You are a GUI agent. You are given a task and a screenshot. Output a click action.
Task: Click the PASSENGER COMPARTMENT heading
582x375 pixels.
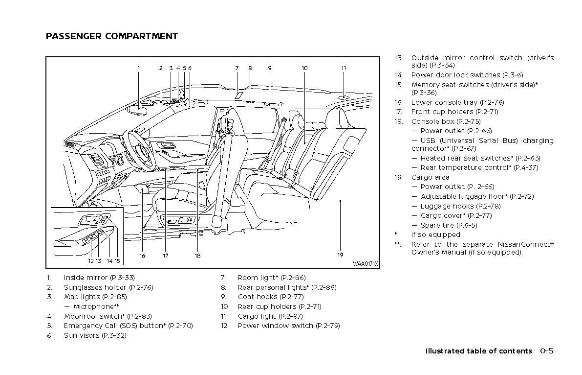111,36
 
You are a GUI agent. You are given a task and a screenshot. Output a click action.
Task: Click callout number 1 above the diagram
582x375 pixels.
139,68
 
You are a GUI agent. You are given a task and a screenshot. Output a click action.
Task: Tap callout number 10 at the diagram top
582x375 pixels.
304,68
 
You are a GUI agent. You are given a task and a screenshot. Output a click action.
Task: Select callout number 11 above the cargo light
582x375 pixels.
344,68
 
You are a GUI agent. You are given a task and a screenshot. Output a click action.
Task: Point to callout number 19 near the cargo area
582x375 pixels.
340,255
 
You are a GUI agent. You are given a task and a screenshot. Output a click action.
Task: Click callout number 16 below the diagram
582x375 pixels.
142,255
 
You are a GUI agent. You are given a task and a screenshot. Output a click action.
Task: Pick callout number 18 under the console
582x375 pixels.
197,255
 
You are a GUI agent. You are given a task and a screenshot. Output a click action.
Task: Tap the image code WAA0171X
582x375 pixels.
365,264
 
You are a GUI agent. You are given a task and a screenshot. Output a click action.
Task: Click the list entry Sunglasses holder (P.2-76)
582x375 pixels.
108,287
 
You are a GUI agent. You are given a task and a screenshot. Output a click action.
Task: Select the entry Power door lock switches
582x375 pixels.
467,75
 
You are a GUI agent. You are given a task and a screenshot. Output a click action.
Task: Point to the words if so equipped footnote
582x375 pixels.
435,234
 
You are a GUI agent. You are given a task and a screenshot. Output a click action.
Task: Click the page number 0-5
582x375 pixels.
547,351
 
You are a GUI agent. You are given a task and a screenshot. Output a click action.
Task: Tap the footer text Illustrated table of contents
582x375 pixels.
478,351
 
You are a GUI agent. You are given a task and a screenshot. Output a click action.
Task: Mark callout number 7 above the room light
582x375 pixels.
237,68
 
